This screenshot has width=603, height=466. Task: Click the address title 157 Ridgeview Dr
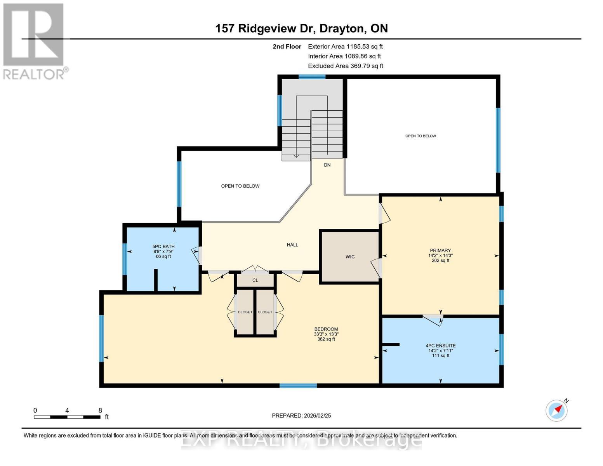(x=301, y=28)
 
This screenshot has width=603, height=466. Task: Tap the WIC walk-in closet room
(x=349, y=257)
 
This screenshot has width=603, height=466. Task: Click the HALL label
(x=292, y=245)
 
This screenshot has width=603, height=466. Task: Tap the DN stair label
(x=327, y=165)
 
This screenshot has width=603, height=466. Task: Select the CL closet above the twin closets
(x=255, y=280)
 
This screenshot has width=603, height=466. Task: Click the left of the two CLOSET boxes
(x=245, y=312)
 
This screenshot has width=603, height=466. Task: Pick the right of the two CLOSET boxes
(x=265, y=312)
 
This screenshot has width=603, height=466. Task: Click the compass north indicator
(x=557, y=410)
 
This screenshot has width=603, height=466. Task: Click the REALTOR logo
(x=34, y=41)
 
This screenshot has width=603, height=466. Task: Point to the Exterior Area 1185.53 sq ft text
(x=345, y=47)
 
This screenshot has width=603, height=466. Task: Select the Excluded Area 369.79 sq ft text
(x=346, y=66)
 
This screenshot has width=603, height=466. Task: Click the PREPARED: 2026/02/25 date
(x=301, y=416)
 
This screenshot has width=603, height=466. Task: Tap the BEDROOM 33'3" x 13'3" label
(x=326, y=334)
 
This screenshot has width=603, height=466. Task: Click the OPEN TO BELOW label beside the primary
(x=421, y=136)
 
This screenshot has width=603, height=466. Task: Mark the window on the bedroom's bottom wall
(x=298, y=386)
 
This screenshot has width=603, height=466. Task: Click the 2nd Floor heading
(x=287, y=47)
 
